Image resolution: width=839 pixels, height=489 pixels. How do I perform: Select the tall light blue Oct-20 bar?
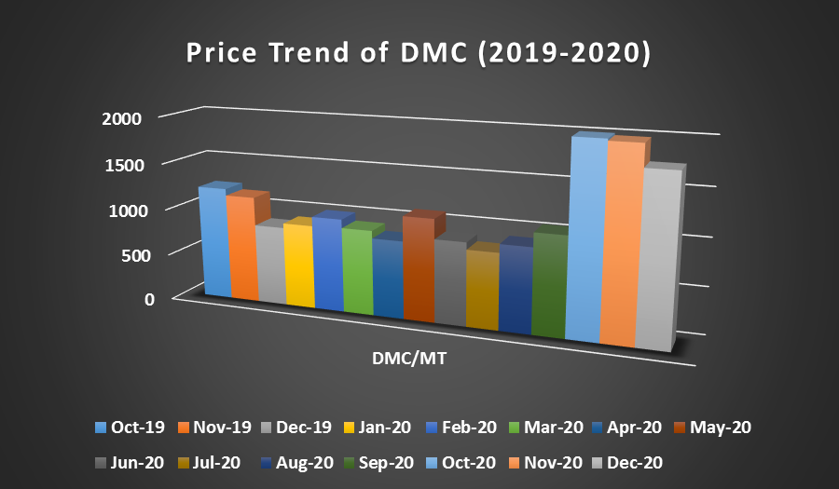(x=585, y=242)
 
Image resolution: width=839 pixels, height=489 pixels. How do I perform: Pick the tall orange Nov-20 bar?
(x=618, y=247)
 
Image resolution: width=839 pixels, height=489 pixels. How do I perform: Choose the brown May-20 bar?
(x=419, y=270)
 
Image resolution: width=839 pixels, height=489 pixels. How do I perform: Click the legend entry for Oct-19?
(x=130, y=428)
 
